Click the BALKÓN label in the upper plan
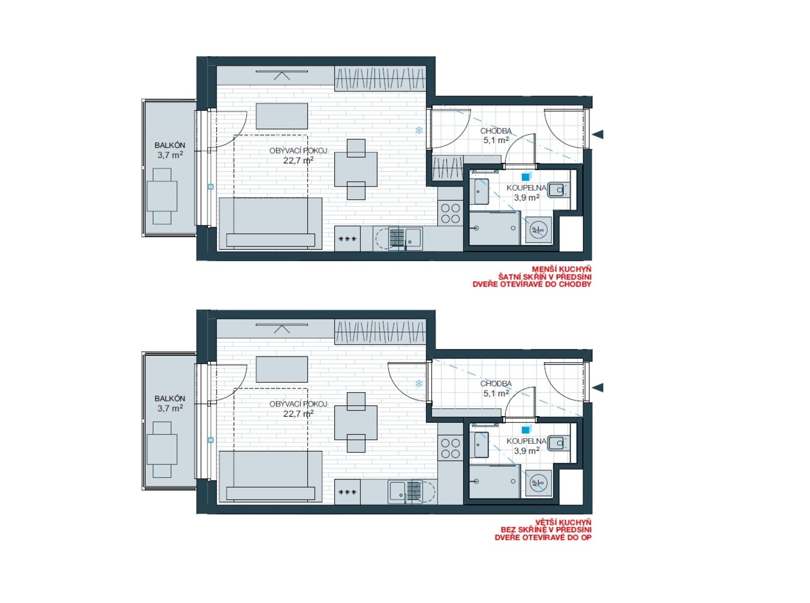click(x=170, y=145)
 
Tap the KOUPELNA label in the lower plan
click(x=526, y=441)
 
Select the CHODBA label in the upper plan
click(x=496, y=131)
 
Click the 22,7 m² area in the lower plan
click(x=298, y=414)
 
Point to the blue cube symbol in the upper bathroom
click(x=525, y=177)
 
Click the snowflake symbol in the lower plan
click(x=419, y=383)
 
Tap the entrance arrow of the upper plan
click(x=598, y=135)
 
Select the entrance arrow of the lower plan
click(x=598, y=387)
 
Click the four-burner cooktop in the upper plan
click(x=450, y=213)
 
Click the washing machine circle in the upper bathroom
click(x=539, y=230)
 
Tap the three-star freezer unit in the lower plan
click(x=347, y=492)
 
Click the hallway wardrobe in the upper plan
click(x=448, y=167)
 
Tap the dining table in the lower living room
click(x=356, y=422)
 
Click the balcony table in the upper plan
click(x=162, y=196)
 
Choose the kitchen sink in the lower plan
click(x=396, y=493)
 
